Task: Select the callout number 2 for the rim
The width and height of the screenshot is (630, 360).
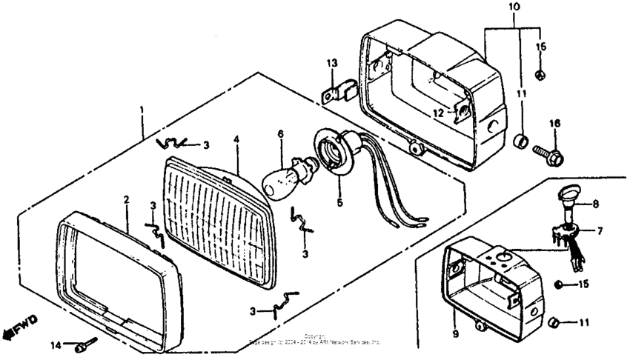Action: click(x=126, y=199)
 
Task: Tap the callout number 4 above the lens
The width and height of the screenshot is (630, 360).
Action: click(x=236, y=139)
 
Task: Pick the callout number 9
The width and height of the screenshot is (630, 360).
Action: click(x=455, y=334)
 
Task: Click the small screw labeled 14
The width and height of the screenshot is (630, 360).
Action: click(x=84, y=345)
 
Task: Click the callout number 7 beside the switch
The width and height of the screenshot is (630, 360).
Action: click(x=600, y=230)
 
